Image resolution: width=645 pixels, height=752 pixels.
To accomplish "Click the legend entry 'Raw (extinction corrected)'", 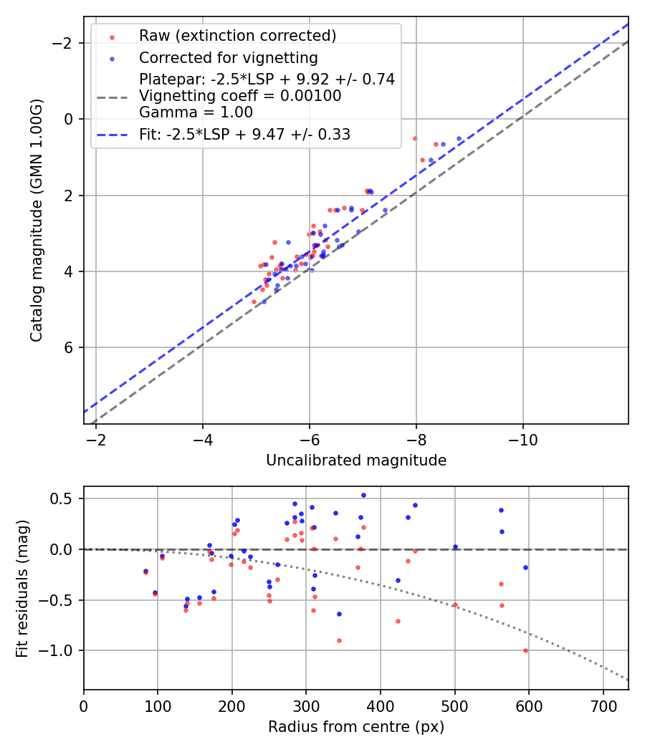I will click(237, 36).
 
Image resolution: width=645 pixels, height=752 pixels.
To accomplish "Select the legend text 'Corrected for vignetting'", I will click(229, 57).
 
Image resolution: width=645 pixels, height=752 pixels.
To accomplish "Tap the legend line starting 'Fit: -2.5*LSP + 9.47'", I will click(244, 135).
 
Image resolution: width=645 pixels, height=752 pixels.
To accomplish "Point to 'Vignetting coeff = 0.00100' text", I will click(240, 96).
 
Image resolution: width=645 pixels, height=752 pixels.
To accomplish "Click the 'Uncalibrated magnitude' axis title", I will click(356, 461).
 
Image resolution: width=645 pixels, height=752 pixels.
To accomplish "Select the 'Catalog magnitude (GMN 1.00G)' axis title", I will click(37, 220).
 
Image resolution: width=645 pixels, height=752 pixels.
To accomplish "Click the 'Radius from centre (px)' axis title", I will click(356, 727).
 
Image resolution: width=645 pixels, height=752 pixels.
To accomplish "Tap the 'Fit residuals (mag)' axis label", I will click(22, 588).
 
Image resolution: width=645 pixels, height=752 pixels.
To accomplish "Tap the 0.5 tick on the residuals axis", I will click(66, 498).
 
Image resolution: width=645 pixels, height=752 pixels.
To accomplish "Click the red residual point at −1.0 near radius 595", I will click(525, 650).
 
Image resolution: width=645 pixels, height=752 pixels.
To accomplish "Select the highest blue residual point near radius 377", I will click(363, 495).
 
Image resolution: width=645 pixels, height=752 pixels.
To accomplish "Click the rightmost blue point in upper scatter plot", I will click(459, 139).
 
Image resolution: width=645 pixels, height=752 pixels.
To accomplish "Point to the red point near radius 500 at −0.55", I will click(455, 604).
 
